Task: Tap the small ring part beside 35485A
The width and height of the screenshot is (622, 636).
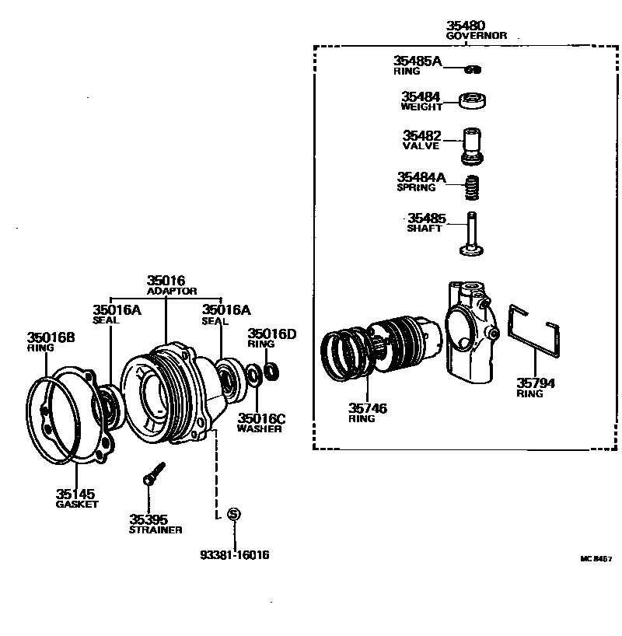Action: [x=472, y=69]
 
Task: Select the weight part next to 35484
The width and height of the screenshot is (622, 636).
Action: [x=472, y=100]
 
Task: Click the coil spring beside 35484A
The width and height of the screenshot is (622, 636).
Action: [x=472, y=187]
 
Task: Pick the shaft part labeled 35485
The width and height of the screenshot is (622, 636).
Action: [x=471, y=232]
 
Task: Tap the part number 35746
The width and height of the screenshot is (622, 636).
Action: [x=368, y=407]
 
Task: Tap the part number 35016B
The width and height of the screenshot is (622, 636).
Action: [x=51, y=337]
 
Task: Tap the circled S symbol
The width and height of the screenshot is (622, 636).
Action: [x=234, y=514]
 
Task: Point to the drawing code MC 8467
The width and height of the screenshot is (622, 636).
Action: [x=596, y=559]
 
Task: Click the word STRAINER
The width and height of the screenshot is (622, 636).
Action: [x=155, y=529]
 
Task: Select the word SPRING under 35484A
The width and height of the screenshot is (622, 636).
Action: [x=416, y=187]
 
